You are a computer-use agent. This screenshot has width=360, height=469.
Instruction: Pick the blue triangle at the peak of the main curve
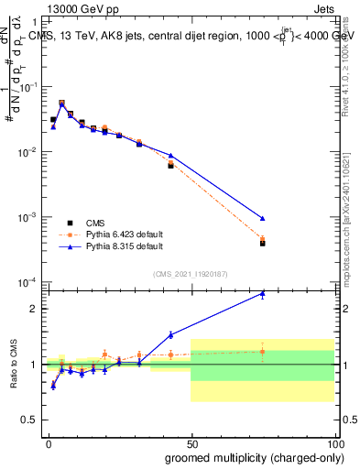pos(61,105)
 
